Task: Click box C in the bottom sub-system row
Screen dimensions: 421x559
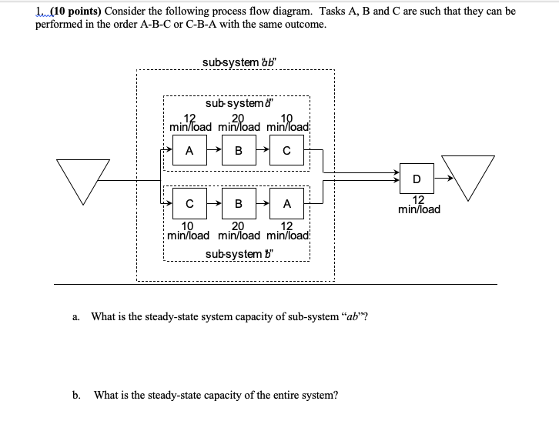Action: click(189, 204)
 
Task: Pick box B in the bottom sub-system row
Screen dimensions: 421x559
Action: click(238, 204)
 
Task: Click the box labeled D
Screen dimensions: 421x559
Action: click(416, 179)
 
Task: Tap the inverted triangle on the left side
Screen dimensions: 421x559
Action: click(82, 179)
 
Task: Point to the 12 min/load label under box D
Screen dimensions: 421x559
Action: click(420, 204)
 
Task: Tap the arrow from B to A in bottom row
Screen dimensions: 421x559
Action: click(263, 204)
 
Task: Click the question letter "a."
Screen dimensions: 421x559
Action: click(75, 316)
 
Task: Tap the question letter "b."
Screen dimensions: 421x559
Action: click(76, 395)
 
